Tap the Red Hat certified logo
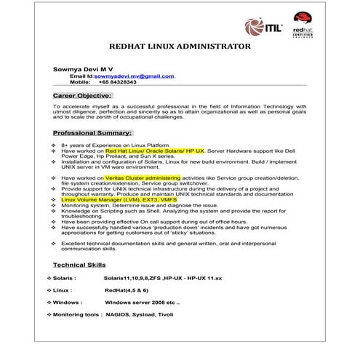click(303, 25)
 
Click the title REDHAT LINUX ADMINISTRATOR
click(180, 47)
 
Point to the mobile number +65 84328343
click(118, 82)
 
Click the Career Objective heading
click(82, 95)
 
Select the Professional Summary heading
click(92, 133)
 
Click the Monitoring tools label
click(73, 314)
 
